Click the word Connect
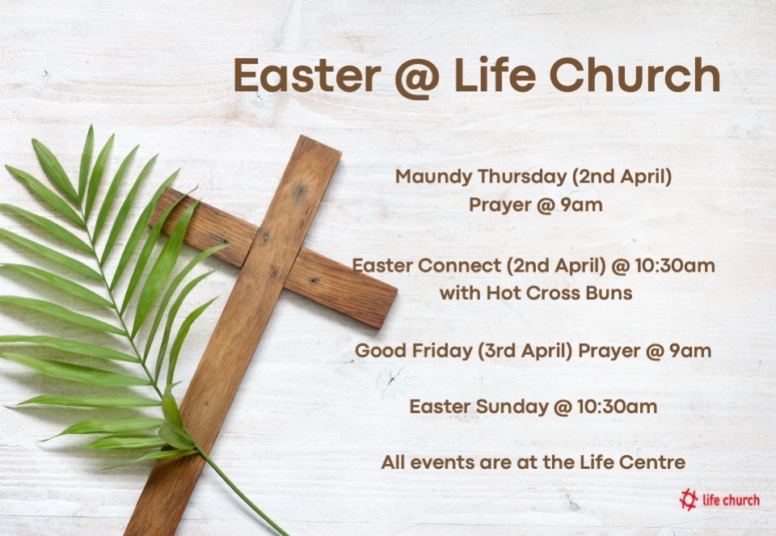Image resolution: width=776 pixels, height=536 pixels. (451, 265)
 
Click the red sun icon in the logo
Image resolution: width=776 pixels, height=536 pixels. (689, 499)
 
